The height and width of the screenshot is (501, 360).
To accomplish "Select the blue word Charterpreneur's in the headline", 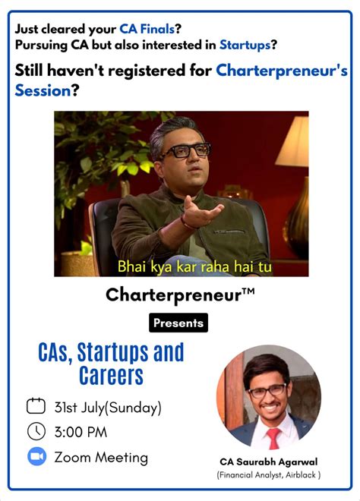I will (x=282, y=71).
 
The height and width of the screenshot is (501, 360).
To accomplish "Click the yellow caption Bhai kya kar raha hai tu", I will (x=194, y=267).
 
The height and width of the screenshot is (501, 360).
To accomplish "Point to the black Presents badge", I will (x=178, y=323).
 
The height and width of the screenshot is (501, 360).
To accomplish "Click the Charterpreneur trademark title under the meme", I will (x=180, y=294).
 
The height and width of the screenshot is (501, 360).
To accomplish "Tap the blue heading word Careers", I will (x=111, y=375).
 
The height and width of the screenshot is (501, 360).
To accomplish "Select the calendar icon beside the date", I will (x=36, y=407).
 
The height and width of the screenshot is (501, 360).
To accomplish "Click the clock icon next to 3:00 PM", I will (x=36, y=432).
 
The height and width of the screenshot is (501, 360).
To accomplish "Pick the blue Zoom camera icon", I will (x=36, y=457).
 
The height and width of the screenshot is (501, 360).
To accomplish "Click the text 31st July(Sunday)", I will (x=108, y=408).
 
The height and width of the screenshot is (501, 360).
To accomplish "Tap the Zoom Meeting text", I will (x=101, y=458).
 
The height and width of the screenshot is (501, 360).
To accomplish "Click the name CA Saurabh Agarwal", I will (x=269, y=461).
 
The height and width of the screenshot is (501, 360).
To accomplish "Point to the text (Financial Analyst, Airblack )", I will (x=269, y=475).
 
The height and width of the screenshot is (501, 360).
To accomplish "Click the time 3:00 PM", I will (x=81, y=433).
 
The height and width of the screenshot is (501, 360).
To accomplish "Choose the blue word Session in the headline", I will (x=43, y=91).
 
